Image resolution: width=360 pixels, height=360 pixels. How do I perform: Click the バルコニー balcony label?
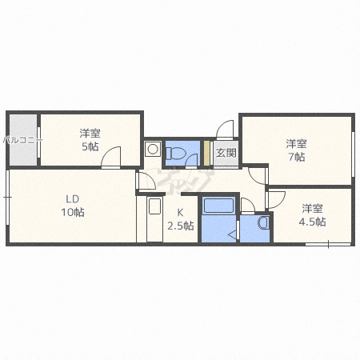coord(22,140)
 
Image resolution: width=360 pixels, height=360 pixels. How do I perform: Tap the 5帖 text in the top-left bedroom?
coord(90,146)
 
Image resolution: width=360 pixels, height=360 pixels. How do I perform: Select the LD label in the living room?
coord(73,199)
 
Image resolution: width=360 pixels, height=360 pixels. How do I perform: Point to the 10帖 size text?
coord(73,212)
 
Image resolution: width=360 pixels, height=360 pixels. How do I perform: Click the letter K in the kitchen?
coord(180,213)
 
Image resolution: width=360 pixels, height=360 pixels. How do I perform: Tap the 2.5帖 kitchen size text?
coord(181,226)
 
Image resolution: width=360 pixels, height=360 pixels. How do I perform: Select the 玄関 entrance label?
coord(226,153)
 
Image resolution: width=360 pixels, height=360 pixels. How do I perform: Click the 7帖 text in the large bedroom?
coord(297,157)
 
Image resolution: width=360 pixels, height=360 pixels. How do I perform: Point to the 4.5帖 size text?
coord(312,222)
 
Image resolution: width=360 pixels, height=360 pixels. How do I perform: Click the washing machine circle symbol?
coord(153,149)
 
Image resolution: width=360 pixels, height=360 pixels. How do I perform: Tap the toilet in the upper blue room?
coord(174,153)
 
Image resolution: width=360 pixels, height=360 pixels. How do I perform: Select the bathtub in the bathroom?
coord(218,205)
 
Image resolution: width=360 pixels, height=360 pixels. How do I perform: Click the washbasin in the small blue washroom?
coord(263,222)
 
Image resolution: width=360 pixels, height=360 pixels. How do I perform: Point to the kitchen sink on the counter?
coord(154,206)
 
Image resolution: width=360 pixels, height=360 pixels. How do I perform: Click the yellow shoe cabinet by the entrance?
coord(206,153)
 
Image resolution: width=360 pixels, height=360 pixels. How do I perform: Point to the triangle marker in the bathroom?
coord(232,234)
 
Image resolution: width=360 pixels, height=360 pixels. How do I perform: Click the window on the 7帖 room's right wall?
coord(353,154)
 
